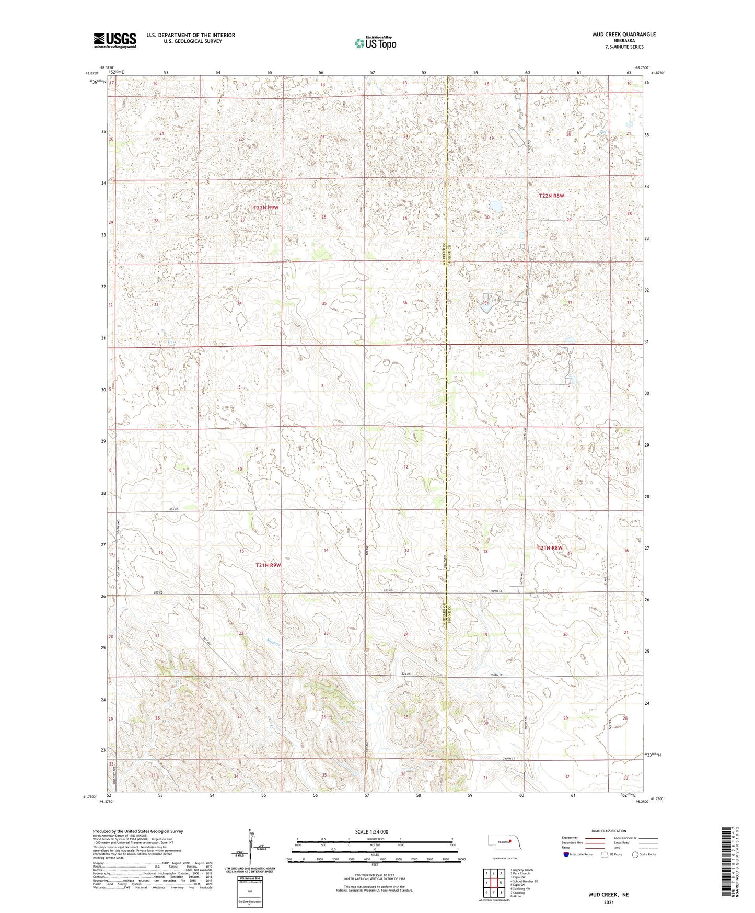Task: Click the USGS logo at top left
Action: coord(114,40)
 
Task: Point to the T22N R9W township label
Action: coord(266,208)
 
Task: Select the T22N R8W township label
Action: coord(552,196)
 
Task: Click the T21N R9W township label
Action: coord(268,565)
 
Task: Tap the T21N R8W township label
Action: coord(551,547)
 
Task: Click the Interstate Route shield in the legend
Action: coord(566,854)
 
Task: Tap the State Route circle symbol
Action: coord(635,854)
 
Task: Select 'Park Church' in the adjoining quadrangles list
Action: coord(519,873)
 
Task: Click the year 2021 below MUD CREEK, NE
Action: coord(608,902)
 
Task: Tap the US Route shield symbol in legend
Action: coord(605,854)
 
